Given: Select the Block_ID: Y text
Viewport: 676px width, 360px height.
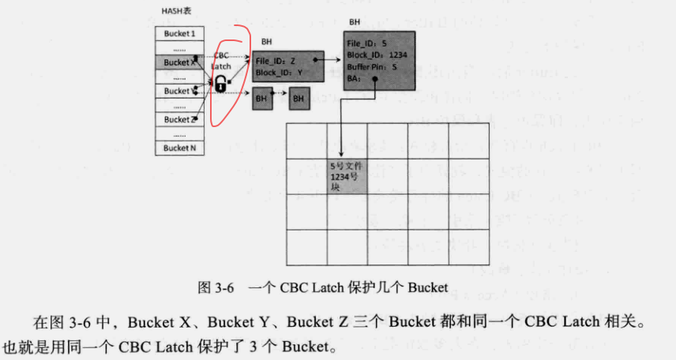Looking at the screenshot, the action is [x=277, y=73].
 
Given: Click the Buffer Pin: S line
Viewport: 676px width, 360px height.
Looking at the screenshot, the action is [x=372, y=68].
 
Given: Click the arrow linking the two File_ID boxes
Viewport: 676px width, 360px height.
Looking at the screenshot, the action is [x=330, y=58].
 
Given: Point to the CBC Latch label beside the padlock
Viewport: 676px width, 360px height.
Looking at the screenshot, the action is [x=222, y=62].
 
